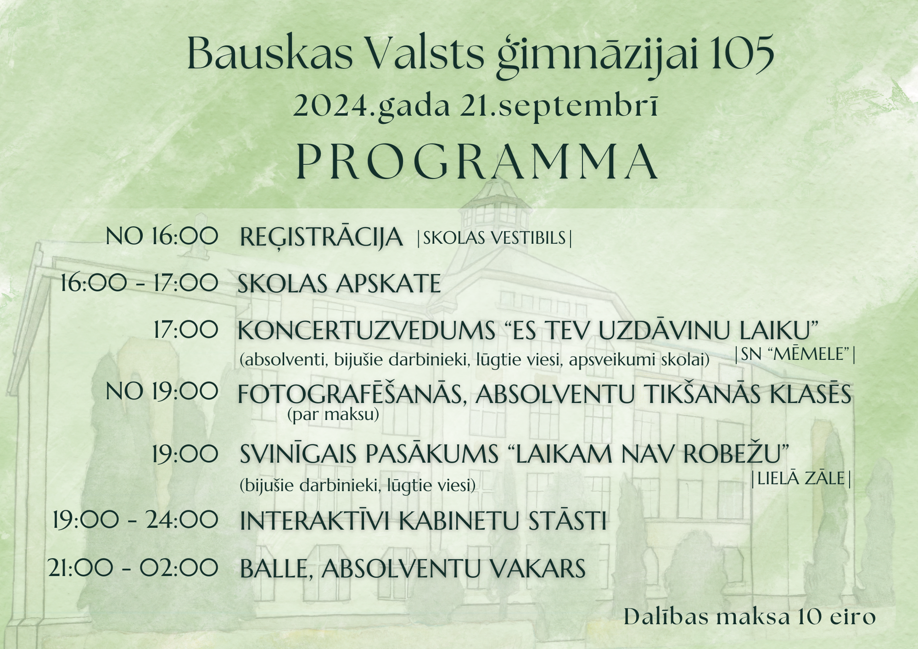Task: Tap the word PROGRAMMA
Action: (x=477, y=162)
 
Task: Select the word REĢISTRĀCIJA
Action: (x=321, y=238)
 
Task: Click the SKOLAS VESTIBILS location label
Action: (x=494, y=238)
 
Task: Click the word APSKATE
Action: (x=389, y=284)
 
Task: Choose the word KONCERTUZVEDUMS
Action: (x=366, y=330)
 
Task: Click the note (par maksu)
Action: (x=333, y=414)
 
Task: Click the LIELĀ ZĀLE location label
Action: (x=801, y=478)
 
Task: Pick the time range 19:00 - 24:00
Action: (x=135, y=520)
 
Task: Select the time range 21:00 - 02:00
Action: (x=133, y=568)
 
